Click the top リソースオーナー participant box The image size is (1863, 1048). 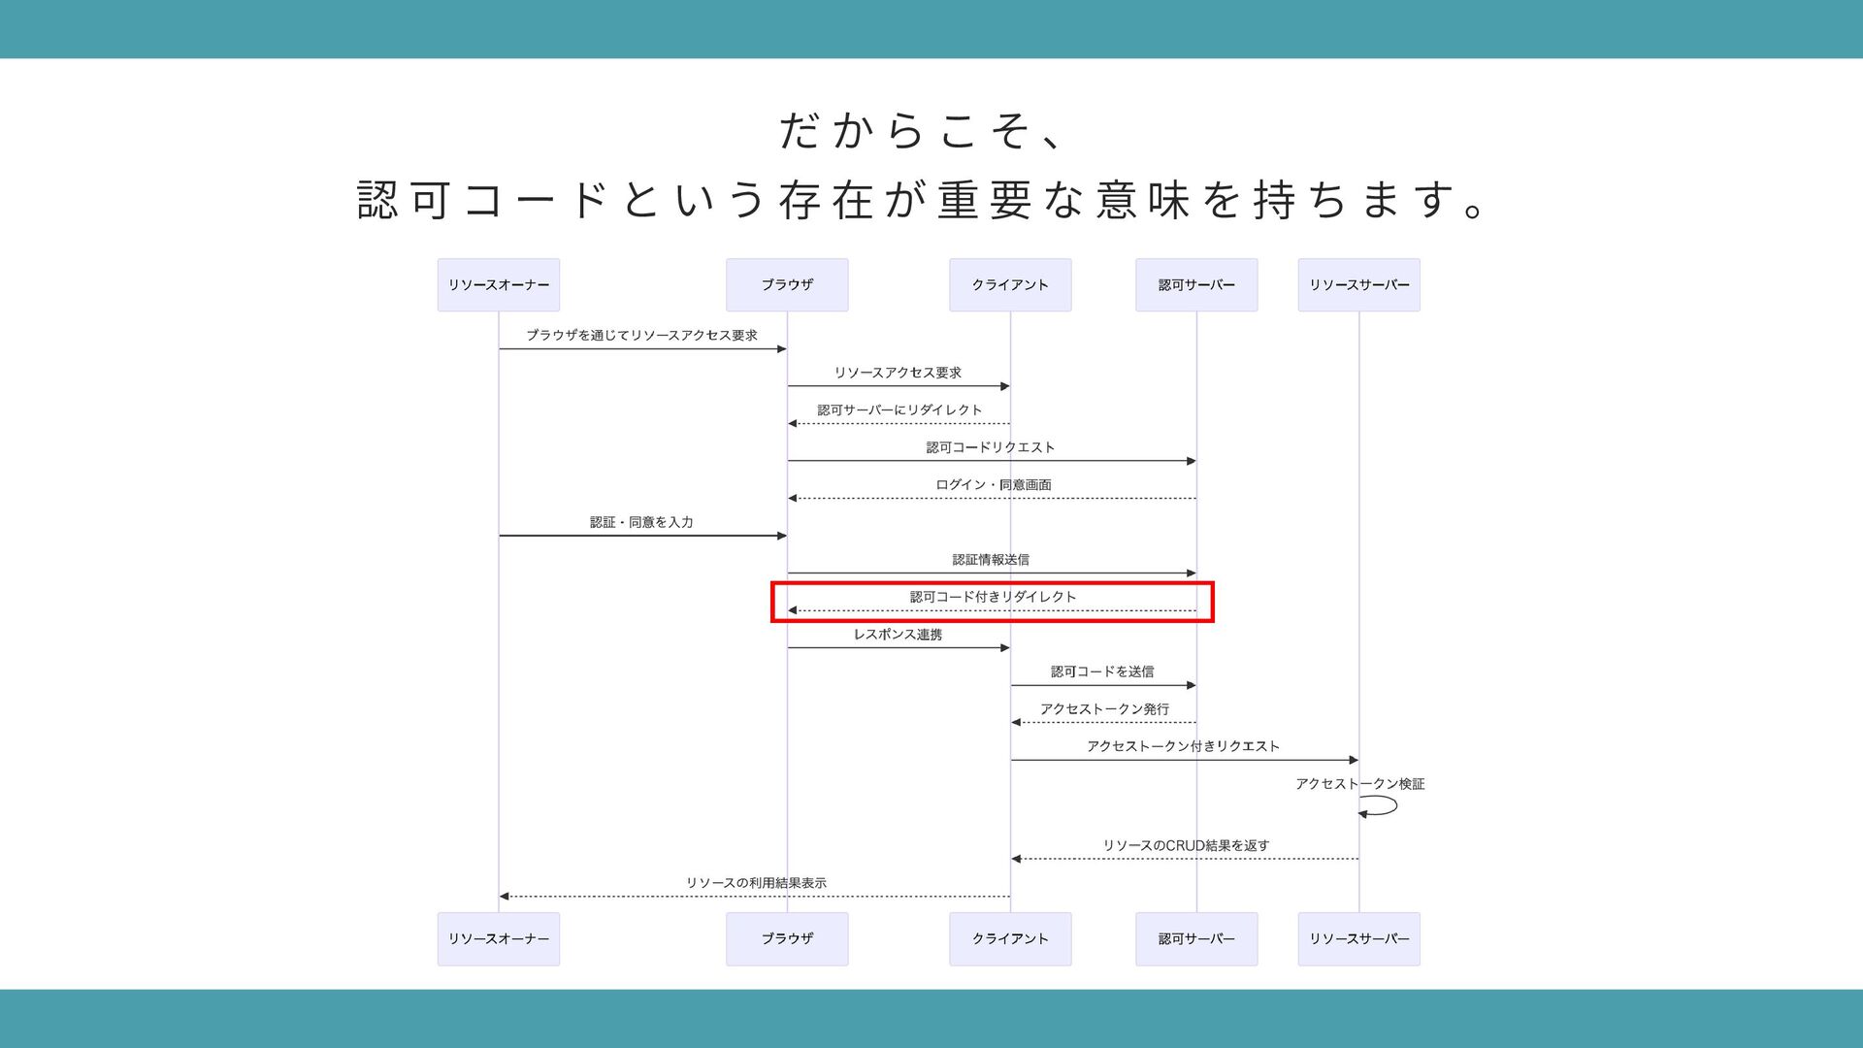coord(498,285)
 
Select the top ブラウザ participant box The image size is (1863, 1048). coord(787,285)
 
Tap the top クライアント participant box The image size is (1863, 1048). coord(1010,285)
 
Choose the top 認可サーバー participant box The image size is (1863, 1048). coord(1196,285)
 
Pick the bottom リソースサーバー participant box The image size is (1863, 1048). coord(1358,938)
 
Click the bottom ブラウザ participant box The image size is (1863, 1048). coord(787,938)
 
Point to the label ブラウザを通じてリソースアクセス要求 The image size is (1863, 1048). coord(641,336)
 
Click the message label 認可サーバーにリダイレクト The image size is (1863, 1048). coord(899,410)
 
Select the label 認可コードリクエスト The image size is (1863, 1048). coord(990,447)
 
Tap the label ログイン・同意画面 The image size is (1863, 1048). coord(993,485)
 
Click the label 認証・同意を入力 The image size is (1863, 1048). coord(641,522)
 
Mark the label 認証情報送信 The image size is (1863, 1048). coord(991,560)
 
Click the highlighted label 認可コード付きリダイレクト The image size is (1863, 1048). coord(993,597)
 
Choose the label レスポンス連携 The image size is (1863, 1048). coord(898,635)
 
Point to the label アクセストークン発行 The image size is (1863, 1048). coord(1104,709)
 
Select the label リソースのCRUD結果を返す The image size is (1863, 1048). coord(1186,846)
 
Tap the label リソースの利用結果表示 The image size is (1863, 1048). coord(756,883)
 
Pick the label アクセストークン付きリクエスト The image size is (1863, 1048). coord(1183,746)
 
